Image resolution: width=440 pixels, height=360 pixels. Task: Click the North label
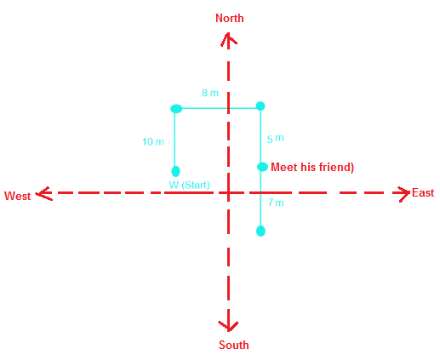point(230,18)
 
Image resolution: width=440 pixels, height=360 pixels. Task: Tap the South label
point(234,345)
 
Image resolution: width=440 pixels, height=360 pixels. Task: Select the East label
point(423,192)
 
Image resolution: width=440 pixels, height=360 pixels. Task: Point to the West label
point(18,196)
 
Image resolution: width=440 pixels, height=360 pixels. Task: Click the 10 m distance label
point(153,141)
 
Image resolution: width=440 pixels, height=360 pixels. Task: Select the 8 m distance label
point(209,93)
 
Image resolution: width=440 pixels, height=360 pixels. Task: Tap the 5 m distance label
point(275,139)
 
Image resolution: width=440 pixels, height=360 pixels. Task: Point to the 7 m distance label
point(276,203)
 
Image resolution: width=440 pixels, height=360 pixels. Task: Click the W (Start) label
point(189,185)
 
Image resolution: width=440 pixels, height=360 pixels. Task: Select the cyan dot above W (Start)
point(175,171)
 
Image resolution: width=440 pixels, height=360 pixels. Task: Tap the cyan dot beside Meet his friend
point(262,167)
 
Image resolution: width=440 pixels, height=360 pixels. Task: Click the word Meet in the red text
point(284,167)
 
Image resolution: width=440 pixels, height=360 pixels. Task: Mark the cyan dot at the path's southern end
point(260,231)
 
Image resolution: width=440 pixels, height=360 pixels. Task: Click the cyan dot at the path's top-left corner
point(176,109)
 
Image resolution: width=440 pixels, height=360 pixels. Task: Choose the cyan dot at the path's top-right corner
point(260,106)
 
